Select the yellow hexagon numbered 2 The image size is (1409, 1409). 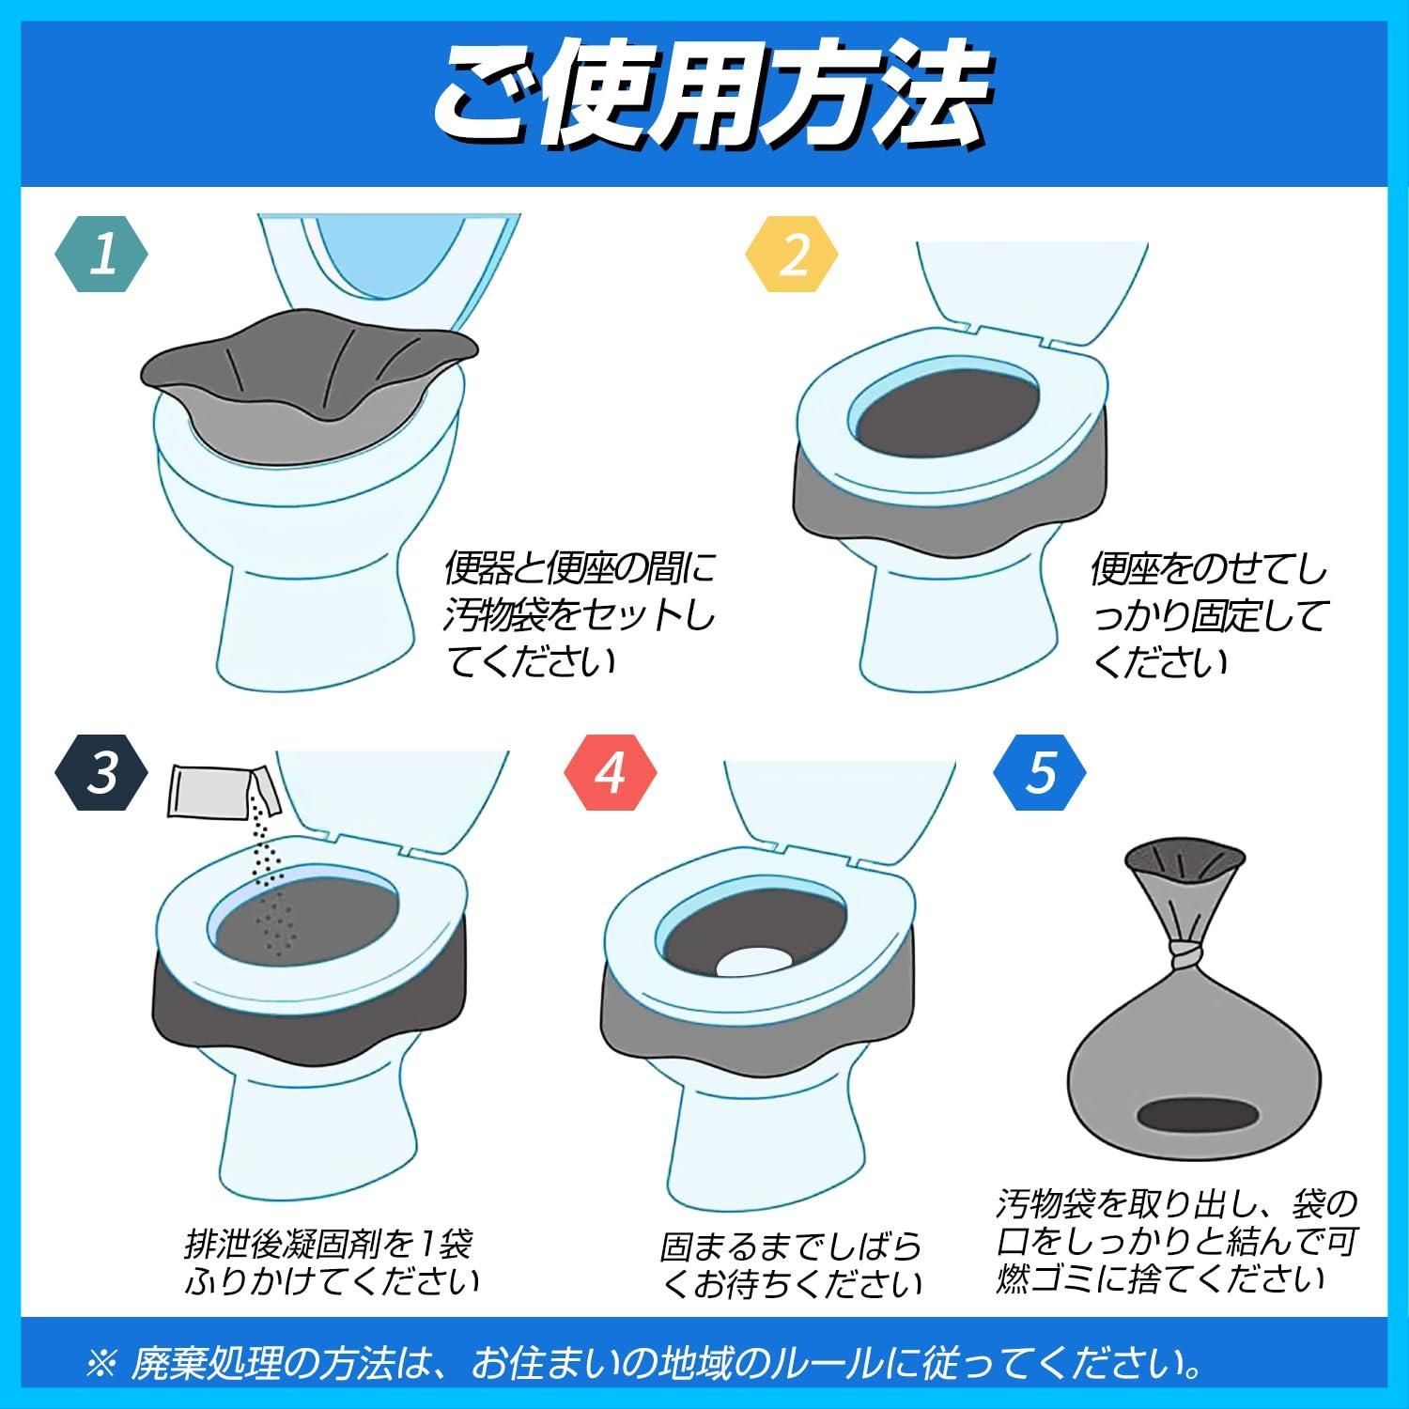(x=792, y=255)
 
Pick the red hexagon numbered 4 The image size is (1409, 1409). (x=611, y=772)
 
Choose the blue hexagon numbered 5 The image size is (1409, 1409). (x=1040, y=772)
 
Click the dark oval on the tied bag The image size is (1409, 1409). (x=1194, y=1115)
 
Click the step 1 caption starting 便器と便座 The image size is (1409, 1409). (x=579, y=615)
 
